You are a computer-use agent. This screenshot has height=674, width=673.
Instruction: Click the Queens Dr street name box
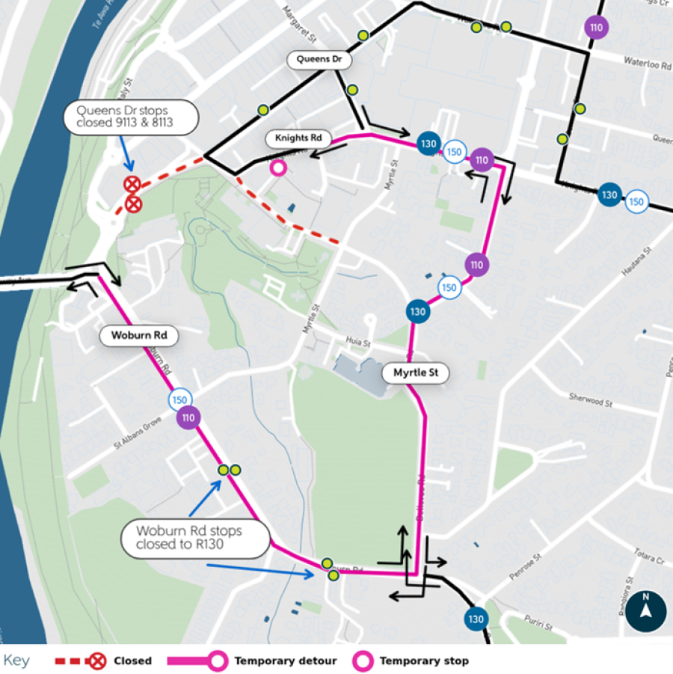coord(319,59)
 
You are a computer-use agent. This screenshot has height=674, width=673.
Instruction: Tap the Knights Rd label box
coord(298,138)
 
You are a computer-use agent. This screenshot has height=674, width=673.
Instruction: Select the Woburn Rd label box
coord(140,335)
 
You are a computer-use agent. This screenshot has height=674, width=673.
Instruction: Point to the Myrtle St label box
coord(416,373)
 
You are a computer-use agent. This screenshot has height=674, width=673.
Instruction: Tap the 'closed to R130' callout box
coord(194,538)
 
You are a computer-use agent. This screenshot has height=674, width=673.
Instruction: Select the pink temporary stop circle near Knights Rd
coord(278,168)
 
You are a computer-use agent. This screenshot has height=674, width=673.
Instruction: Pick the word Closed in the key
coord(132,661)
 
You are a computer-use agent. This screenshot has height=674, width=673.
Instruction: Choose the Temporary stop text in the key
coord(424,661)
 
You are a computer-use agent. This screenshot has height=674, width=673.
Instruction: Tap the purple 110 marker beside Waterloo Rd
coord(596,28)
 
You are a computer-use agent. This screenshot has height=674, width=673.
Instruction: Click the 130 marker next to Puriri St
coord(476,619)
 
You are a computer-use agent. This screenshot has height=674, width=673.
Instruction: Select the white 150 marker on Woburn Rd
coord(179,399)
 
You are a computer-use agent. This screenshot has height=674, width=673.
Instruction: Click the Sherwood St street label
coord(590,402)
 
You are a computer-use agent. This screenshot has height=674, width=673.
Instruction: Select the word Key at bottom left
coord(16,661)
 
